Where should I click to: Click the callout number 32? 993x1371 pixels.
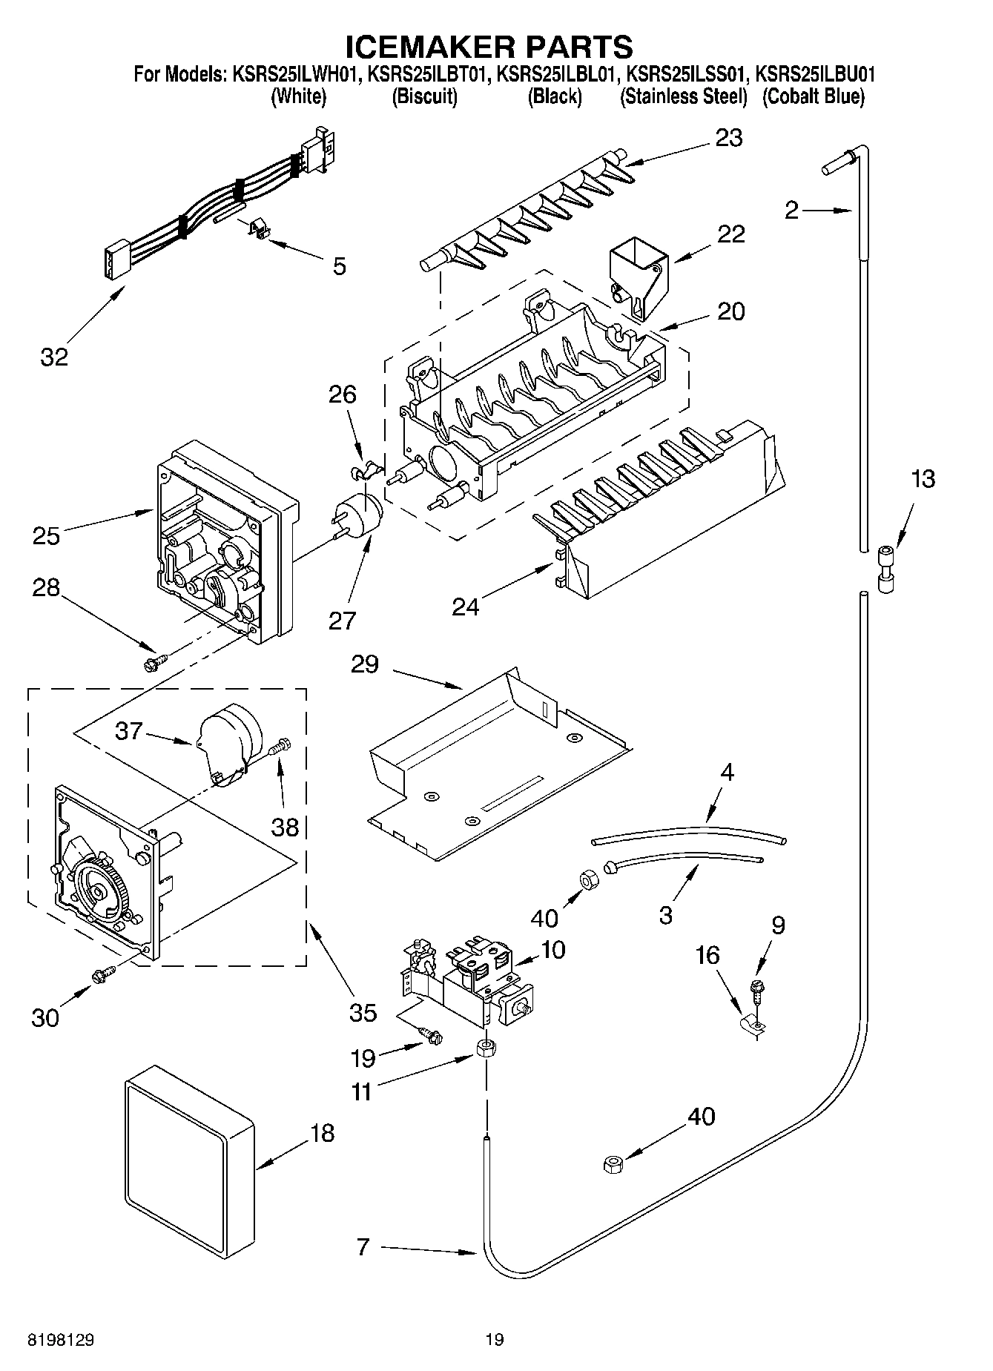[x=54, y=357]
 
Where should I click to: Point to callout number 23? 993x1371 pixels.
[x=728, y=138]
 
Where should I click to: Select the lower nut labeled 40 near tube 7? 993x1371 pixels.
[x=613, y=1166]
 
